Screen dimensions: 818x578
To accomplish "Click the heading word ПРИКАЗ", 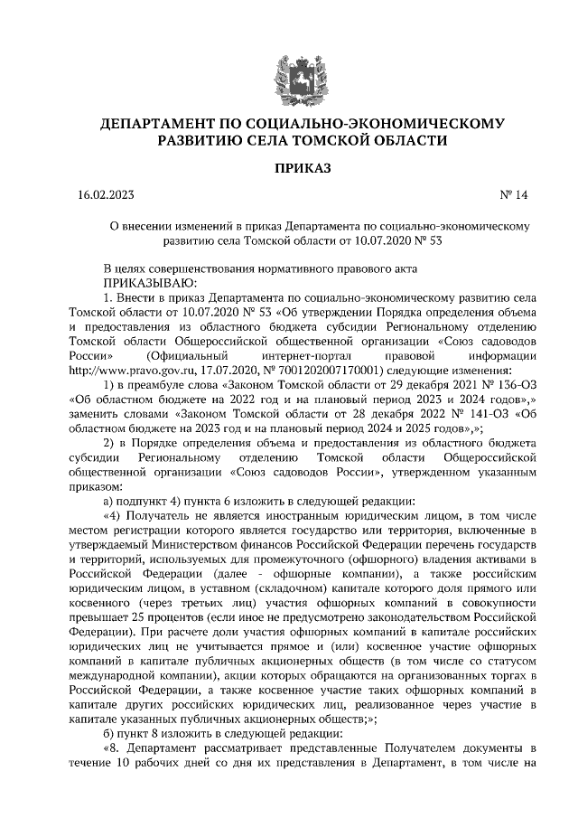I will point(289,169).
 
